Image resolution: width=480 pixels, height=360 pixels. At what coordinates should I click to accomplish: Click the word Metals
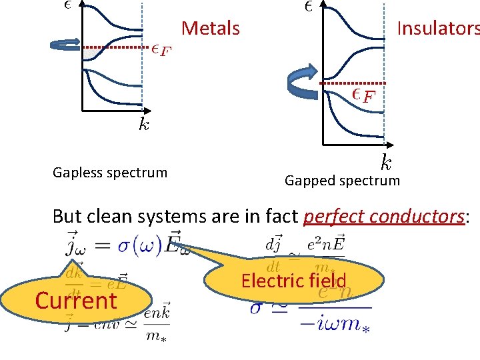click(210, 29)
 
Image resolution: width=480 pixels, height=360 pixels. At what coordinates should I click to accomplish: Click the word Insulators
click(437, 29)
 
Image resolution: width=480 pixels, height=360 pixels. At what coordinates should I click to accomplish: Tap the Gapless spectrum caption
click(110, 173)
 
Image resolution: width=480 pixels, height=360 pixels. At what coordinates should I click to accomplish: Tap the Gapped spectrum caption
click(342, 180)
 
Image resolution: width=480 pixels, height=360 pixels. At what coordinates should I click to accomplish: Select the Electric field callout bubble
click(293, 281)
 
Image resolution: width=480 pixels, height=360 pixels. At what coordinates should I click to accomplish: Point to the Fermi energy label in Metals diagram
click(160, 50)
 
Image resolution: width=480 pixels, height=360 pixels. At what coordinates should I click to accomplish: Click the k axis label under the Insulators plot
click(386, 161)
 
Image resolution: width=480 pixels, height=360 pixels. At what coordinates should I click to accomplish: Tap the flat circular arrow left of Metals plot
click(65, 45)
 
